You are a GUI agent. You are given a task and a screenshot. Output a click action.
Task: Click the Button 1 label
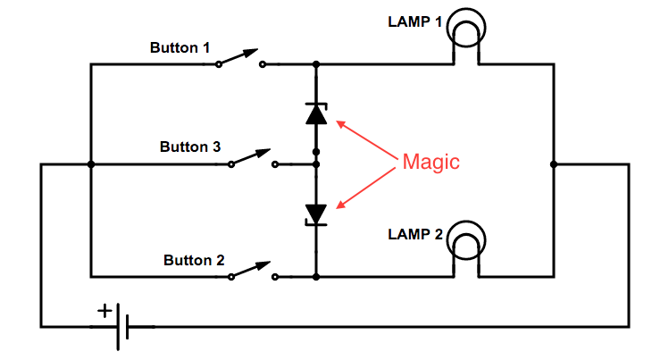[x=181, y=46]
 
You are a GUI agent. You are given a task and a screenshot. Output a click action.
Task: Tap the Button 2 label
[x=194, y=260]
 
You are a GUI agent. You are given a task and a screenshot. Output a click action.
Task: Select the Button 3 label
[x=190, y=147]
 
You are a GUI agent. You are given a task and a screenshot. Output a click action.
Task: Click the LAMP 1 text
[x=414, y=21]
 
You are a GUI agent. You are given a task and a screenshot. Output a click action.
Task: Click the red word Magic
[x=430, y=162]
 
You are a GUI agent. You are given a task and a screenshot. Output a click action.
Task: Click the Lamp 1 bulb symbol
[x=467, y=31]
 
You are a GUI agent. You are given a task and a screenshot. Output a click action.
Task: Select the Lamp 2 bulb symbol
[x=467, y=242]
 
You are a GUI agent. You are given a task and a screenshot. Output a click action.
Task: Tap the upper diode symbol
[x=315, y=113]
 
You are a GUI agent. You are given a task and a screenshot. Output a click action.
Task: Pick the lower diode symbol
[x=315, y=213]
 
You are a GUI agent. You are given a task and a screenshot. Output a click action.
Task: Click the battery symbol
[x=122, y=327]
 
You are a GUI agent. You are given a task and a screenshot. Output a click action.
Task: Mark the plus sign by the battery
[x=105, y=311]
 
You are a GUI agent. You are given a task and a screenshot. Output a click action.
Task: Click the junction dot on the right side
[x=554, y=164]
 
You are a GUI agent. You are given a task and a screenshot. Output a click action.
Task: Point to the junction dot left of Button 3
[x=90, y=164]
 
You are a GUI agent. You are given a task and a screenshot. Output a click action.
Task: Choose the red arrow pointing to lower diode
[x=366, y=187]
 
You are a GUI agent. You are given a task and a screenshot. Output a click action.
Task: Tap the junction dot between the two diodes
[x=315, y=164]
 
